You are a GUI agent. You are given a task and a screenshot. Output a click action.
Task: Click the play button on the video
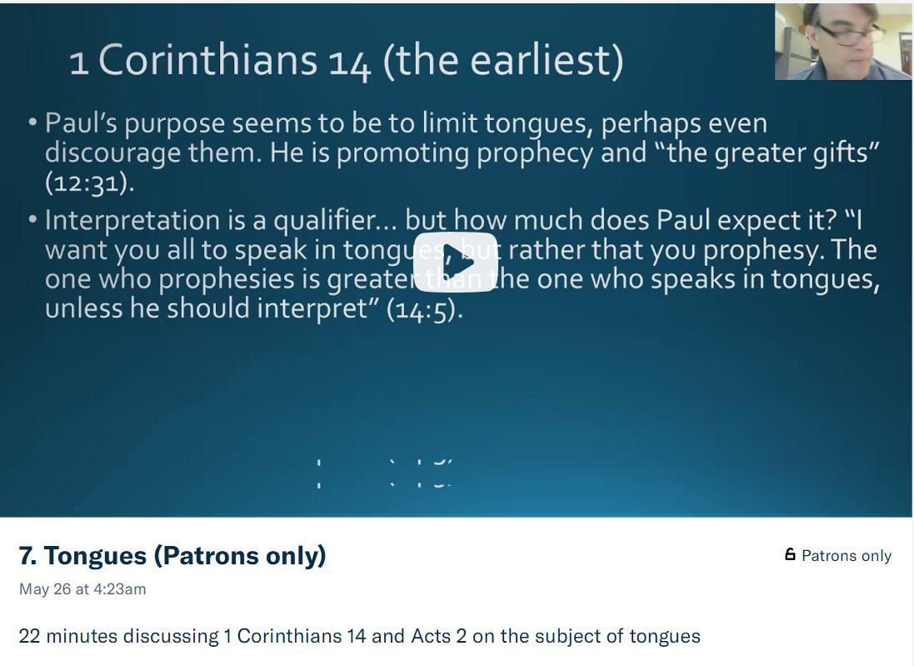(x=456, y=261)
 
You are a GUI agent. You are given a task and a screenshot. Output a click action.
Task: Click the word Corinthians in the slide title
(x=207, y=61)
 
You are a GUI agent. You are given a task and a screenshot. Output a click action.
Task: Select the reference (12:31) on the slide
(x=89, y=183)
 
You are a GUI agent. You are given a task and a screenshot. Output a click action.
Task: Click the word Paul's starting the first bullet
(x=77, y=123)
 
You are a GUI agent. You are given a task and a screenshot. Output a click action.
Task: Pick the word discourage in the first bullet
(x=112, y=153)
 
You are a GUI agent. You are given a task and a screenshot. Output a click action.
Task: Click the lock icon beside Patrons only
(x=790, y=555)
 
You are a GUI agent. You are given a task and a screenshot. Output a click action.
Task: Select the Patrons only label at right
(x=846, y=556)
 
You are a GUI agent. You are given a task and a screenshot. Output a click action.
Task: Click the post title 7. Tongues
(x=172, y=555)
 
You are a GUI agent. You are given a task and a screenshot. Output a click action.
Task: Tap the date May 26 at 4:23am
(x=82, y=589)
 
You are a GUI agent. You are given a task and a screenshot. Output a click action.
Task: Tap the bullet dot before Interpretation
(x=32, y=221)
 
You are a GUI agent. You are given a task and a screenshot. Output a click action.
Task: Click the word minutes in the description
(x=82, y=636)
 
